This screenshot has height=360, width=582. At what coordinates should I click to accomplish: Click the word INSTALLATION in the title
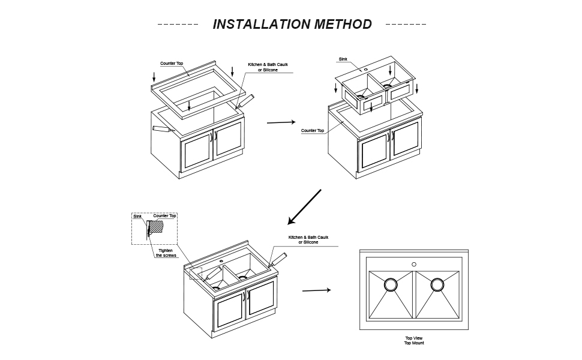pos(260,25)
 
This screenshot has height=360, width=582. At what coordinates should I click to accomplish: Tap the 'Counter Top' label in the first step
pos(172,63)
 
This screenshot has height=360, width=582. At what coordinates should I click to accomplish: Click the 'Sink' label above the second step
pos(343,59)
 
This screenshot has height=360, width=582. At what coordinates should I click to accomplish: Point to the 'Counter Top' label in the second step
pos(313,130)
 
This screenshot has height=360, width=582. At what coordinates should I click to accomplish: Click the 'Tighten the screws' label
pos(166,253)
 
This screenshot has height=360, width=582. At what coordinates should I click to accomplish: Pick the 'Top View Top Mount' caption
pos(414,340)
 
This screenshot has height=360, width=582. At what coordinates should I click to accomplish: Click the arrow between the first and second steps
pos(281,122)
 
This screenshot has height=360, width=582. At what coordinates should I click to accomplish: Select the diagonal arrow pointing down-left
pos(305,207)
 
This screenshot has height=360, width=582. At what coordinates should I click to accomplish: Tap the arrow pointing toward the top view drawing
pos(316,290)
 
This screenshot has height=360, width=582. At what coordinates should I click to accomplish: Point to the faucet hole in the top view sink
pos(414,264)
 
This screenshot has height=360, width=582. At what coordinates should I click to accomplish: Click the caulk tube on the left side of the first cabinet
pos(161,128)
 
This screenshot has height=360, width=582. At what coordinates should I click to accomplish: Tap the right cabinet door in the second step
pos(406,139)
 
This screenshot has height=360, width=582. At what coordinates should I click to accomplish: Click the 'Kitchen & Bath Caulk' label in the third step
pos(308,239)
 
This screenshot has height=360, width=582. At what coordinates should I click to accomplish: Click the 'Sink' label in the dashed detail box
pos(137,216)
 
